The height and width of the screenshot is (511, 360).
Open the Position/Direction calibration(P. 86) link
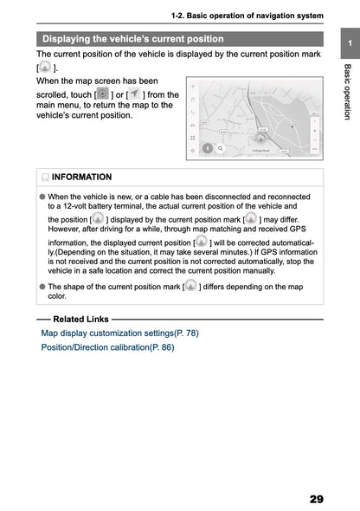(x=107, y=347)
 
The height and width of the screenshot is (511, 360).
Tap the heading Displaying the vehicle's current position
(x=133, y=39)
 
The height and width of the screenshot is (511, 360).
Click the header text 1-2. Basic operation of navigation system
(x=247, y=16)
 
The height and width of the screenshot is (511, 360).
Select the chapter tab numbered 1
(x=348, y=44)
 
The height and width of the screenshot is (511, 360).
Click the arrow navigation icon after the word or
(x=135, y=94)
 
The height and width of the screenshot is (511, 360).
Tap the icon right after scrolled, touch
(x=103, y=94)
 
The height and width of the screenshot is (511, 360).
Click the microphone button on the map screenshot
(x=207, y=148)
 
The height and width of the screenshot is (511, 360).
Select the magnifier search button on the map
(x=221, y=148)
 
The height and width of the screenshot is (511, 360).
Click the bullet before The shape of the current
(x=42, y=287)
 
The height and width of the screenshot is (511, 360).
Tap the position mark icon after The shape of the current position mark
(x=190, y=285)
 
